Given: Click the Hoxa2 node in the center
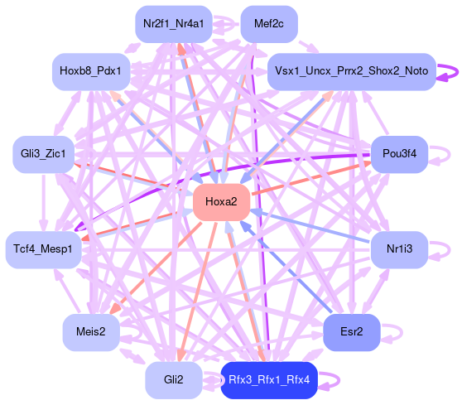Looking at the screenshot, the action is pyautogui.click(x=221, y=202).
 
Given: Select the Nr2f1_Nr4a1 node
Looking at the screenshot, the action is pyautogui.click(x=174, y=24).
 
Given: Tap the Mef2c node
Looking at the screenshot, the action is pyautogui.click(x=269, y=24).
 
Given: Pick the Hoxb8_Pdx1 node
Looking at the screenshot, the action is pyautogui.click(x=91, y=71).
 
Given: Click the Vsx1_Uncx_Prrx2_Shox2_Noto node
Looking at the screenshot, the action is pyautogui.click(x=352, y=71).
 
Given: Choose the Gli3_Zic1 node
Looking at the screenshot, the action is pyautogui.click(x=43, y=154).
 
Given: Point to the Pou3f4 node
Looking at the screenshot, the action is pyautogui.click(x=399, y=154).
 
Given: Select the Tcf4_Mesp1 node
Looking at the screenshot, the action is pyautogui.click(x=43, y=249).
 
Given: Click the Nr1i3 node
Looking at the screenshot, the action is pyautogui.click(x=399, y=249).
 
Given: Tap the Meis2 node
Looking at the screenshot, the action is pyautogui.click(x=91, y=332).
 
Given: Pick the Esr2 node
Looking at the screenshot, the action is pyautogui.click(x=352, y=332).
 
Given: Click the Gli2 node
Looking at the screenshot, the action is pyautogui.click(x=174, y=380).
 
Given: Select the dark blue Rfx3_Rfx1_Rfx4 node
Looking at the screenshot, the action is pyautogui.click(x=269, y=380).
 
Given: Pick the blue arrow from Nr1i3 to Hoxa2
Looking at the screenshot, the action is pyautogui.click(x=310, y=226).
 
